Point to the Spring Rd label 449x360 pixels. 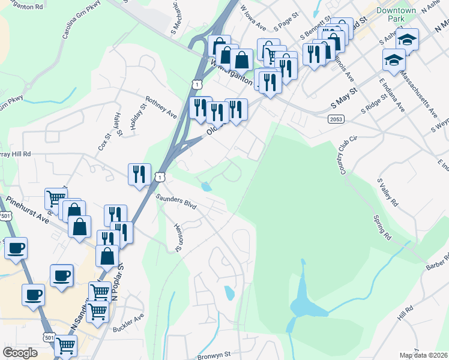[x=382, y=227]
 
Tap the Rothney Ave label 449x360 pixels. [x=161, y=107]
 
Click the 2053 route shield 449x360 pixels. [x=336, y=120]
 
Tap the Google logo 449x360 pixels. [x=20, y=352]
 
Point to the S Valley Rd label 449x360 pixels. [x=387, y=193]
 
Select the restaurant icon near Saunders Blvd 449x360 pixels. [x=139, y=174]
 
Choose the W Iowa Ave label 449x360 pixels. [x=253, y=19]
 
